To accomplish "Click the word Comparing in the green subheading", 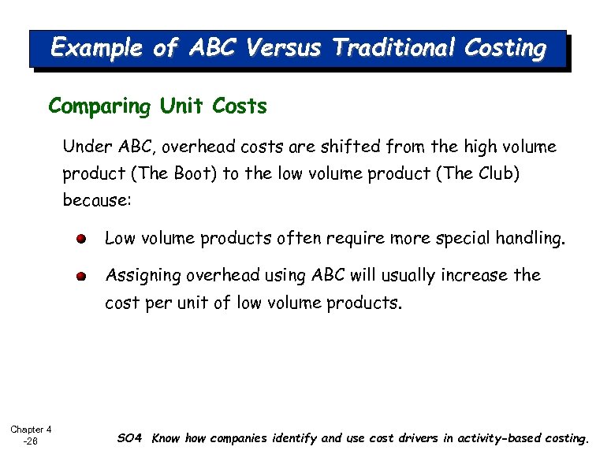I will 99,106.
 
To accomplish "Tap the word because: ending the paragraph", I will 97,200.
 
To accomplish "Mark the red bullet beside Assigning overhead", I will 82,277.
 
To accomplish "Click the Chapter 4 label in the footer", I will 31,430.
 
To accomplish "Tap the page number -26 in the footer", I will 30,441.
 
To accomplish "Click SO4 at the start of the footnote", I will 129,438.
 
